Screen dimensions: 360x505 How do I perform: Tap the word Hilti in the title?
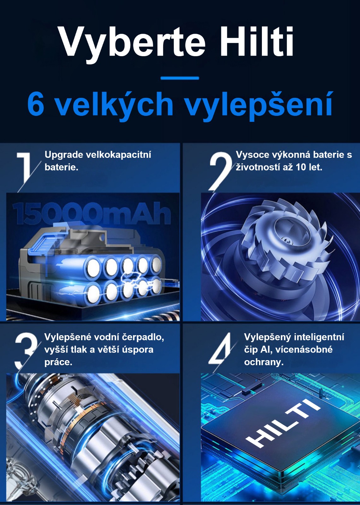click(x=257, y=41)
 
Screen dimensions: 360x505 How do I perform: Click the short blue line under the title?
click(x=180, y=78)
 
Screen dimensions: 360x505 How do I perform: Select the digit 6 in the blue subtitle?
click(x=36, y=104)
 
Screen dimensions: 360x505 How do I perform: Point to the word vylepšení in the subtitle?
click(x=259, y=106)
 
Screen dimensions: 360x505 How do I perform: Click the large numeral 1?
click(x=24, y=167)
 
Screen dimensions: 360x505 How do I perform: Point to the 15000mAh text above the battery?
click(x=91, y=213)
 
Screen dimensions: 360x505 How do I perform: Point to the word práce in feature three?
click(x=58, y=362)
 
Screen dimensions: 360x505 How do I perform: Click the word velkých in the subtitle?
click(x=115, y=106)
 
